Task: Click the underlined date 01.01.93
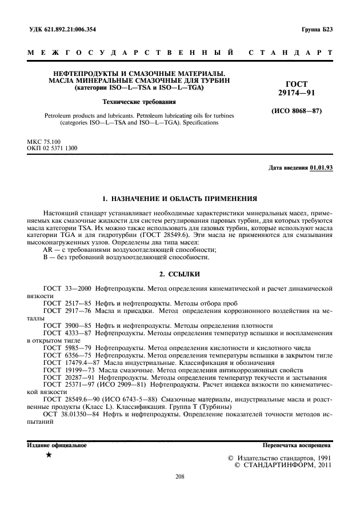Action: tap(321, 168)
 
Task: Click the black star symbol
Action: tap(49, 455)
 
